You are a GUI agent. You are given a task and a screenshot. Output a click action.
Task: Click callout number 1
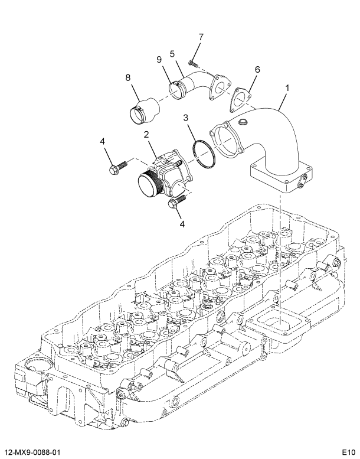(x=287, y=89)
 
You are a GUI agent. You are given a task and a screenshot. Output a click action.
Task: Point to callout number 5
(x=172, y=54)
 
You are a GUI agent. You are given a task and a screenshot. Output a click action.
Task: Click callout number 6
(x=257, y=69)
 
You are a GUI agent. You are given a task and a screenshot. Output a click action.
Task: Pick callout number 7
(x=200, y=37)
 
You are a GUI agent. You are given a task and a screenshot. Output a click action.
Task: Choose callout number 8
(x=127, y=77)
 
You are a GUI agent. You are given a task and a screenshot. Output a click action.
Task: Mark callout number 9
(x=159, y=59)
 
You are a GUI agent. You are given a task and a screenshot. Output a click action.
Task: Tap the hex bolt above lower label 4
(x=175, y=203)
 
